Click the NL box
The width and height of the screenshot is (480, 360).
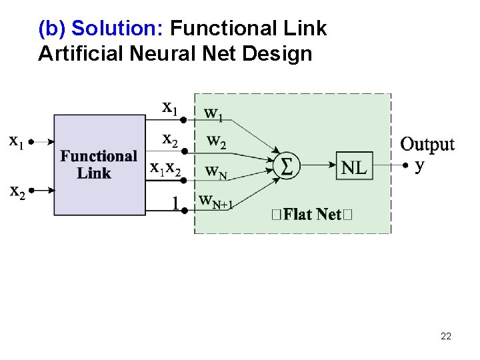353,167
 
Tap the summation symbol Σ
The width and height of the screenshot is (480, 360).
285,165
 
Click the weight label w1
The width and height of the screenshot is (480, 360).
213,114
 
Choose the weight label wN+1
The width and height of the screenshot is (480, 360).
215,201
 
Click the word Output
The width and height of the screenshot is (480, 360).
427,144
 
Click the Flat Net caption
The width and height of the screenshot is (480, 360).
311,215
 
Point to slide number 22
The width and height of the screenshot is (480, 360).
446,336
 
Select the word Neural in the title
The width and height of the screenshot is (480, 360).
165,53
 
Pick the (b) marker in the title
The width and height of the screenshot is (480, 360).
52,29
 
